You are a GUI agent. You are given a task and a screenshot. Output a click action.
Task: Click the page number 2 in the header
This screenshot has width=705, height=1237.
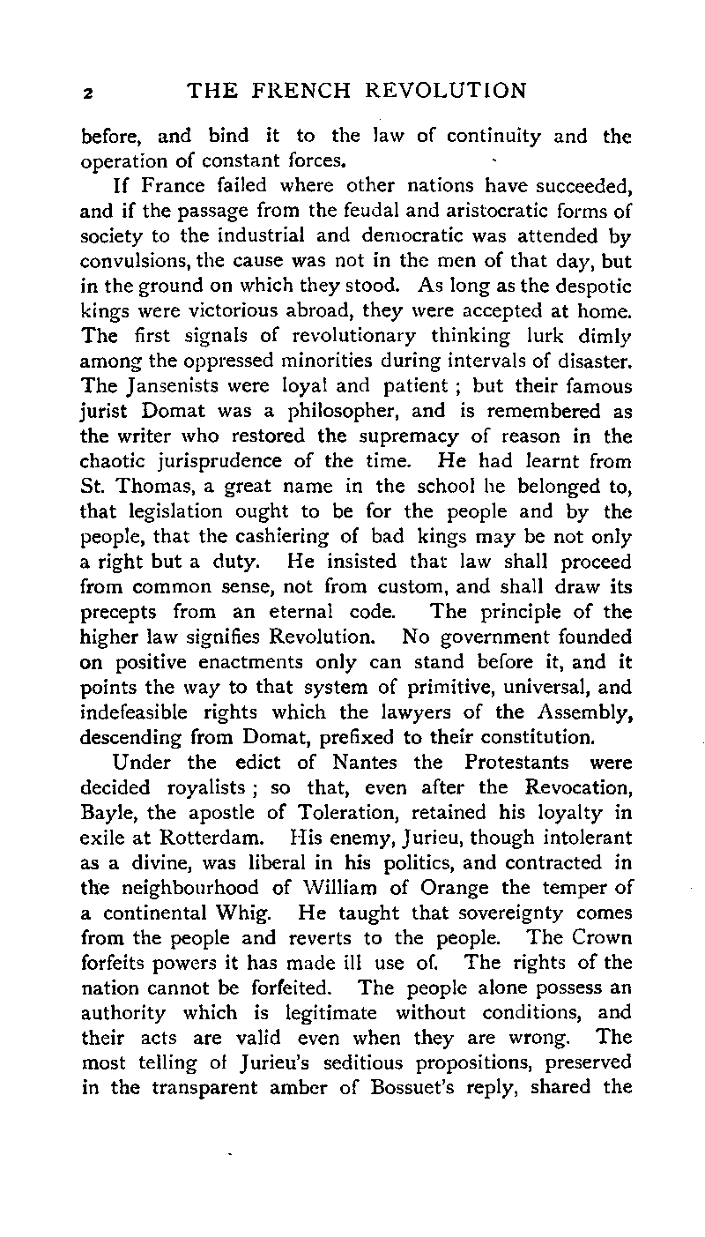click(86, 93)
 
